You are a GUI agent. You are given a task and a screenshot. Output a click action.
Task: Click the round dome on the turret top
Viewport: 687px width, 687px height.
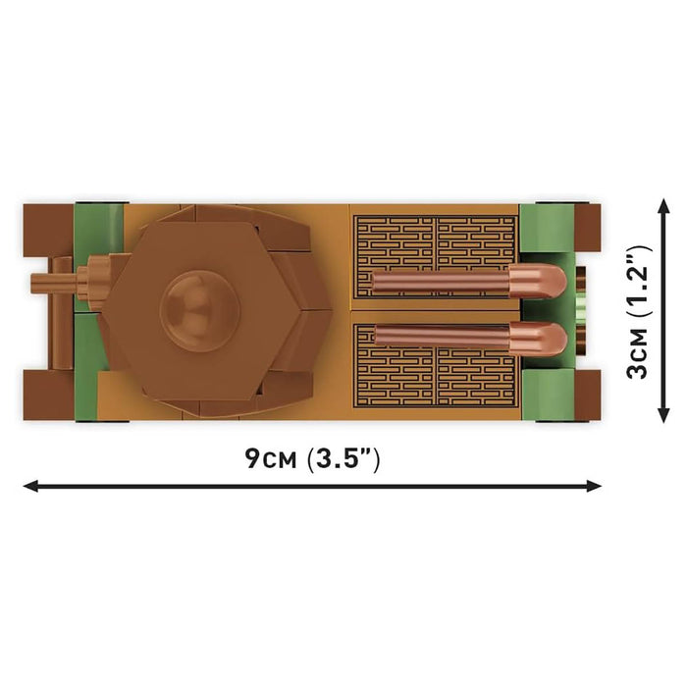point(200,311)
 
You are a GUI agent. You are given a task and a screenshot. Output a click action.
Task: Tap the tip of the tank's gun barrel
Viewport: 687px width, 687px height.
point(32,281)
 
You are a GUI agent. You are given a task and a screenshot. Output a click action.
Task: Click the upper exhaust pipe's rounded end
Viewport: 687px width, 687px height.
point(538,282)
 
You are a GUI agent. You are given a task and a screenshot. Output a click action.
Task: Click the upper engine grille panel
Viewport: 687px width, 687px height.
point(436,257)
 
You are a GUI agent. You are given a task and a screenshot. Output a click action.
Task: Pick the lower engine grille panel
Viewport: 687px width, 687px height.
point(437,365)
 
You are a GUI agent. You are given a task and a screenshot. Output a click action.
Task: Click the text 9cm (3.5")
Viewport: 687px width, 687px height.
point(312,459)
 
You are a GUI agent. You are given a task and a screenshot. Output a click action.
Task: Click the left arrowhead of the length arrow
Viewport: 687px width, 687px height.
point(30,486)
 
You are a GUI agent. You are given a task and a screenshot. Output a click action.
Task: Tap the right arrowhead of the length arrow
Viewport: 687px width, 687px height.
point(594,486)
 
